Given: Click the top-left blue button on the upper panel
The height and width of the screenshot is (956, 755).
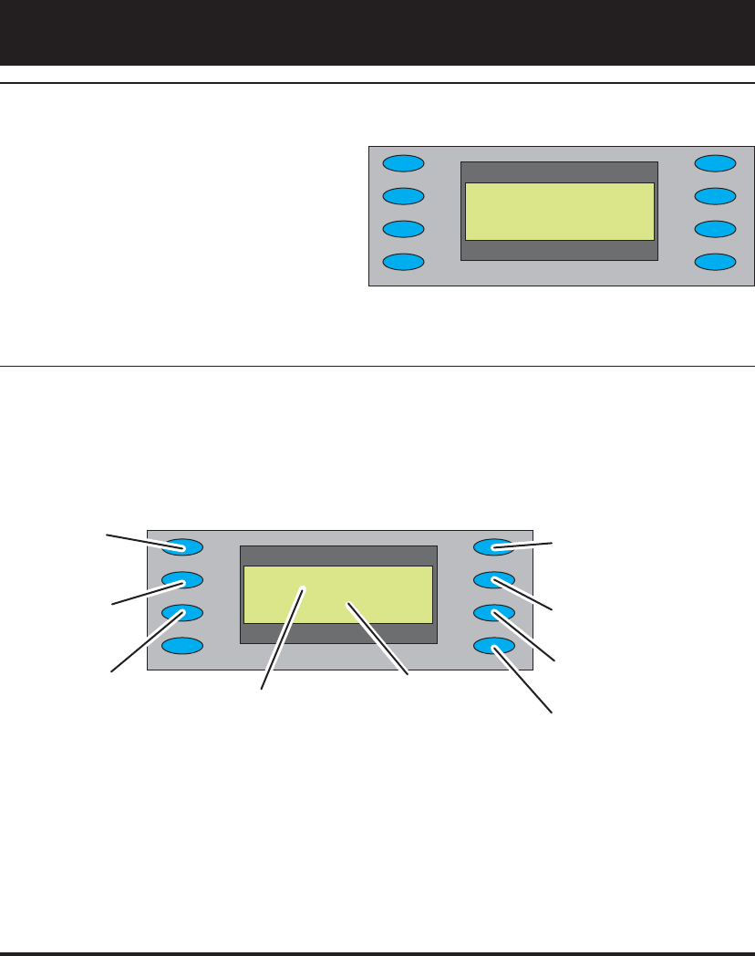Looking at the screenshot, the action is (x=403, y=164).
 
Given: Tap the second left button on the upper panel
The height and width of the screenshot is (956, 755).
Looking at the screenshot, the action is (x=403, y=196).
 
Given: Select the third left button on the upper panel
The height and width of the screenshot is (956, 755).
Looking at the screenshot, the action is (x=403, y=229).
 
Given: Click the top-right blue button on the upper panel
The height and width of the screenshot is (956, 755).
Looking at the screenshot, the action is (x=716, y=164).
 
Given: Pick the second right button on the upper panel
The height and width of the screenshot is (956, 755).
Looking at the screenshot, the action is (x=716, y=196).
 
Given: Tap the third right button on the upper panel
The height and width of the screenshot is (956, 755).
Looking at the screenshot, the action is (x=716, y=229).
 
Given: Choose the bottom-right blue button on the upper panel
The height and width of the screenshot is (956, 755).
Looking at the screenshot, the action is (x=716, y=262).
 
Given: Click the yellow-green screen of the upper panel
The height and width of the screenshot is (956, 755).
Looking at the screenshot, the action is (x=560, y=212).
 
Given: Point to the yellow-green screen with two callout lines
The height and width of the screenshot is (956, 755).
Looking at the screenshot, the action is (x=338, y=595).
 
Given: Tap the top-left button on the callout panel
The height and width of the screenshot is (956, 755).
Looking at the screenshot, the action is (x=182, y=547).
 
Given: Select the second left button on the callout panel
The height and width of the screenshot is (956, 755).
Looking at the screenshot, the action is (x=182, y=580).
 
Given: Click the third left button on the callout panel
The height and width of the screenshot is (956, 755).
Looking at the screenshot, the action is (x=182, y=613).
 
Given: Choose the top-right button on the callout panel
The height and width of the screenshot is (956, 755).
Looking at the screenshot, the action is (x=495, y=547).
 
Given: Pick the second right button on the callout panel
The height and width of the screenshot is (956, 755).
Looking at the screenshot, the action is (x=495, y=580).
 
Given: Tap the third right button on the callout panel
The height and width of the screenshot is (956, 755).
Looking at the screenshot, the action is (x=495, y=613).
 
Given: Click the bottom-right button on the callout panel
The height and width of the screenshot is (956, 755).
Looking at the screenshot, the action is (x=495, y=646).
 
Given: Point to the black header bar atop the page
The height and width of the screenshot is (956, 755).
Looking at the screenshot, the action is (x=377, y=32).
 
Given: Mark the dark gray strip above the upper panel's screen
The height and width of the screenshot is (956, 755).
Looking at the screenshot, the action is (x=560, y=172).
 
